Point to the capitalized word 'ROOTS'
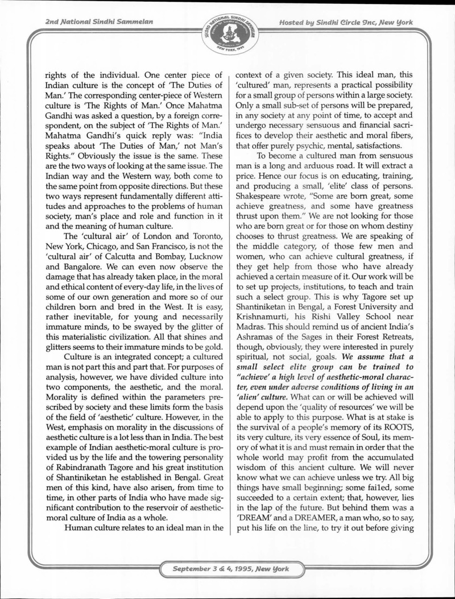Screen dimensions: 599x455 pos(408,444)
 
